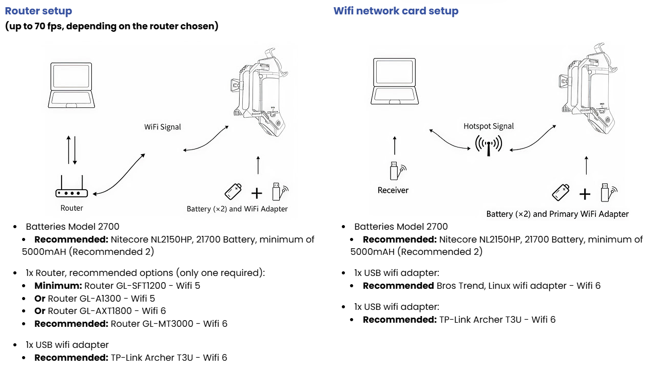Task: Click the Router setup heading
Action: [x=38, y=11]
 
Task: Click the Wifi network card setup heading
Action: [x=396, y=11]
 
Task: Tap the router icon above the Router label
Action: [x=72, y=191]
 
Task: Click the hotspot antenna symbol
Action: [x=488, y=145]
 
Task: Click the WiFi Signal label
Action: [x=163, y=127]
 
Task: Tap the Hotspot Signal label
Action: [x=489, y=126]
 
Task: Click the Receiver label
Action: [x=393, y=190]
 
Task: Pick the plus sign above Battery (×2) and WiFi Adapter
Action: [x=257, y=193]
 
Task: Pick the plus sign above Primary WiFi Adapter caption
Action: [x=585, y=194]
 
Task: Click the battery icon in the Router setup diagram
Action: [x=233, y=191]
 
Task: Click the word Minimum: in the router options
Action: [x=57, y=285]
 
